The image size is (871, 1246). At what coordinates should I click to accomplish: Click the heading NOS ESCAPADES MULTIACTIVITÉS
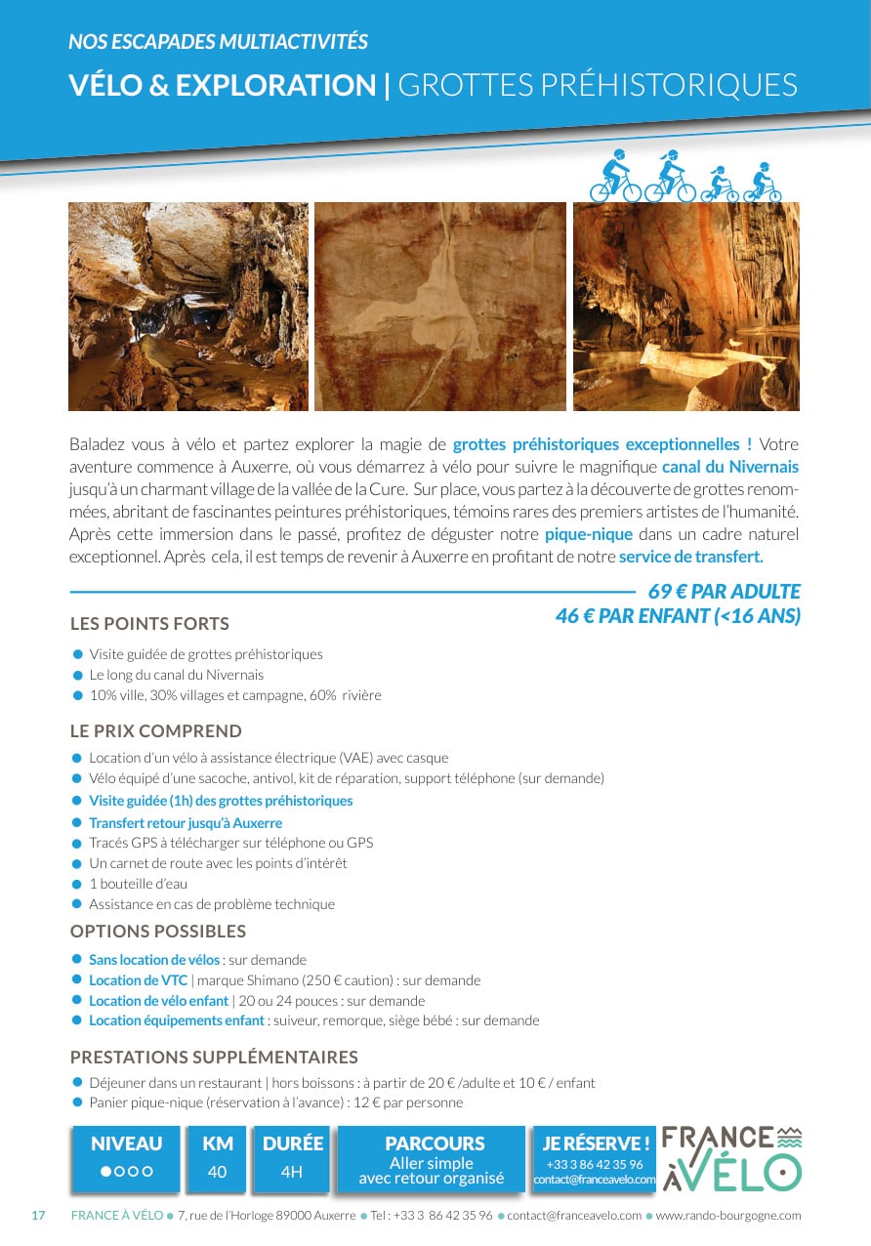pos(218,42)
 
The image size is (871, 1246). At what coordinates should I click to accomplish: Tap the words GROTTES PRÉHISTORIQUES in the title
pos(598,85)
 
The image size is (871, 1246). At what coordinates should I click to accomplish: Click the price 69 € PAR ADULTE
pos(724,592)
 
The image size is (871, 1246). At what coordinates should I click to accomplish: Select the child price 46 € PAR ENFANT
pos(678,616)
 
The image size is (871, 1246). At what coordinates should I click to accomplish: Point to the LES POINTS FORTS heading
pos(149,624)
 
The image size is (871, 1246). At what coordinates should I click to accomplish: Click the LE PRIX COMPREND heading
pos(156,731)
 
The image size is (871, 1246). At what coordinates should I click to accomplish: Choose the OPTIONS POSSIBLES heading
pos(158,932)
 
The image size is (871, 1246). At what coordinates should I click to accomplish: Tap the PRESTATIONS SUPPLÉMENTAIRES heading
pos(214,1058)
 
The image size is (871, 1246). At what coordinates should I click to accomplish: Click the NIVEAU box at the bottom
pos(127,1158)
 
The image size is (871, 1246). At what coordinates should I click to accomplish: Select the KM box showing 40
pos(217,1158)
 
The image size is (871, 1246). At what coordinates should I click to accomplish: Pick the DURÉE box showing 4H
pos(292,1158)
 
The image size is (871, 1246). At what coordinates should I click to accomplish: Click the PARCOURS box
pos(431,1159)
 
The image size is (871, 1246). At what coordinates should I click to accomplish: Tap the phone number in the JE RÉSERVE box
pos(594,1164)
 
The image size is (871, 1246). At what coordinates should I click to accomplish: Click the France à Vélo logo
pos(731,1158)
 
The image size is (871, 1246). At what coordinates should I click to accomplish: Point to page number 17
pos(39,1216)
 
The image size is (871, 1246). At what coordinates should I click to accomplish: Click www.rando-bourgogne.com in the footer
pos(727,1216)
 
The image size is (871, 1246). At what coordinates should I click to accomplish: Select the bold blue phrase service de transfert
pos(690,557)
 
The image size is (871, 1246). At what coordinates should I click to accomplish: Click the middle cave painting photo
pos(440,306)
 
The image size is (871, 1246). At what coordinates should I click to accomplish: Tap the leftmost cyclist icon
pos(615,177)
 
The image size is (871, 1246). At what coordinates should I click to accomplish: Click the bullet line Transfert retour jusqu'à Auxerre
pos(186,823)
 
